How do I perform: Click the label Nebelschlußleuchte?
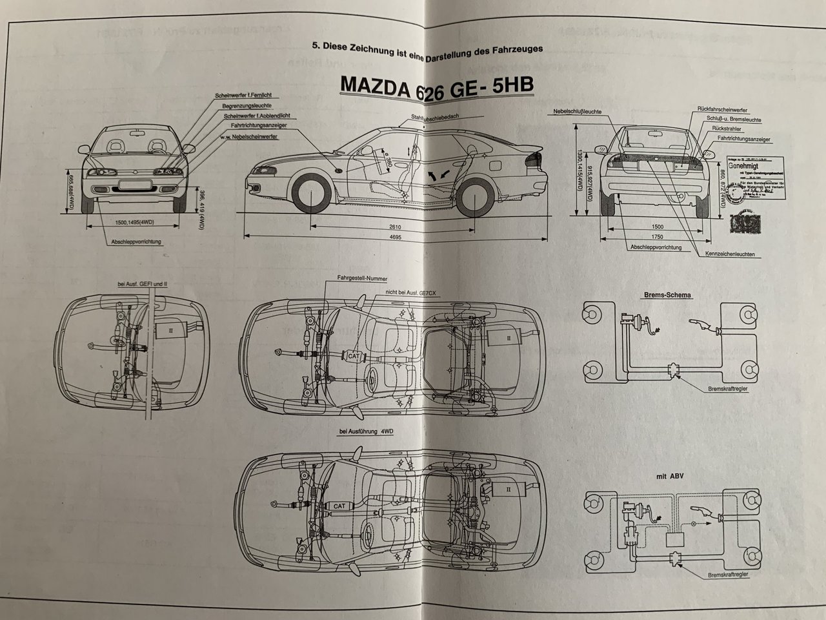click(x=577, y=112)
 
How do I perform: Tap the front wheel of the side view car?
click(x=312, y=192)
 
